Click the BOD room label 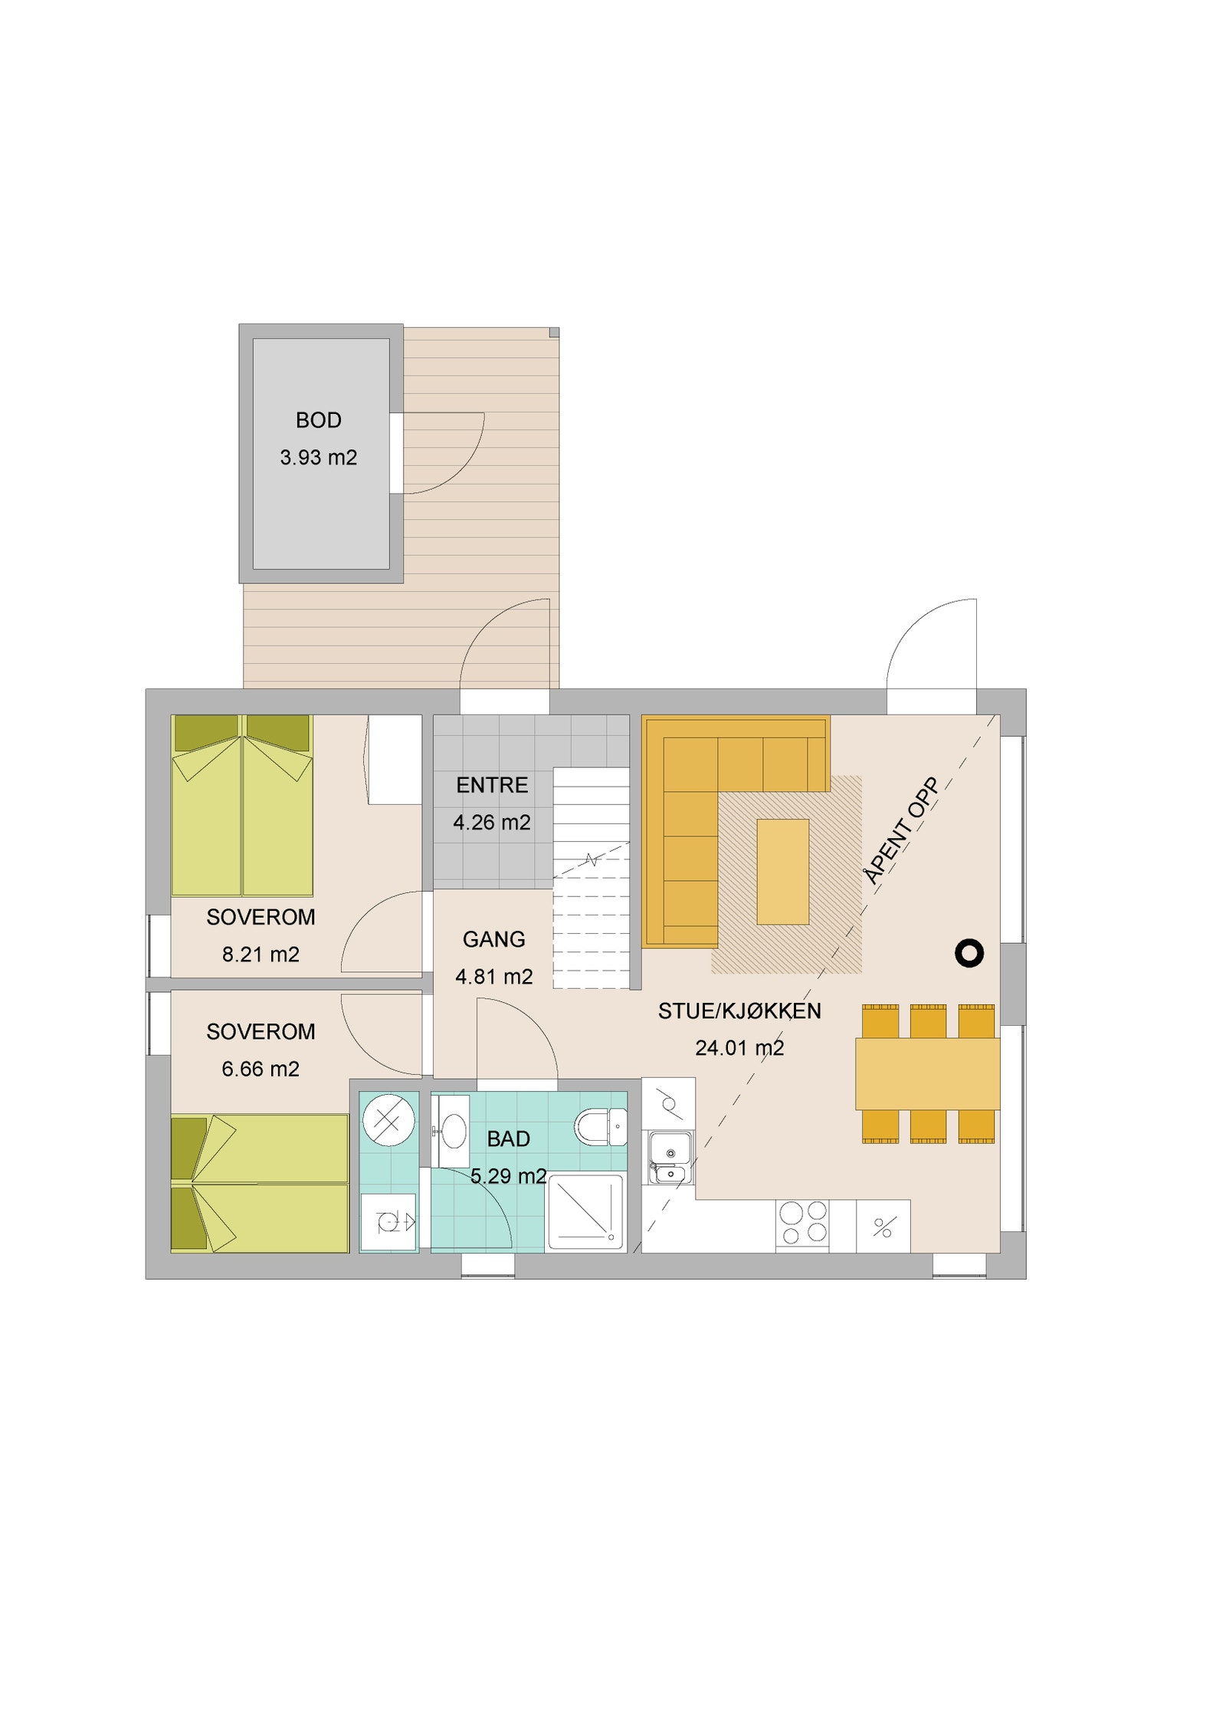tap(318, 420)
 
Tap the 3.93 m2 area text tap(318, 458)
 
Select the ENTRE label tap(492, 785)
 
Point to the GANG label tap(493, 939)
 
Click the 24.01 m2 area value tap(739, 1048)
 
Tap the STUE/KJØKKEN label tap(739, 1011)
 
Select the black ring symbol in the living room tap(969, 953)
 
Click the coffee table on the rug tap(782, 872)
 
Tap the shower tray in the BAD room tap(585, 1211)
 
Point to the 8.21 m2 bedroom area tap(261, 955)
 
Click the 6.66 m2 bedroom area tap(261, 1069)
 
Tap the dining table tap(927, 1073)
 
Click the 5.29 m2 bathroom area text tap(508, 1176)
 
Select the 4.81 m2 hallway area tap(493, 977)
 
